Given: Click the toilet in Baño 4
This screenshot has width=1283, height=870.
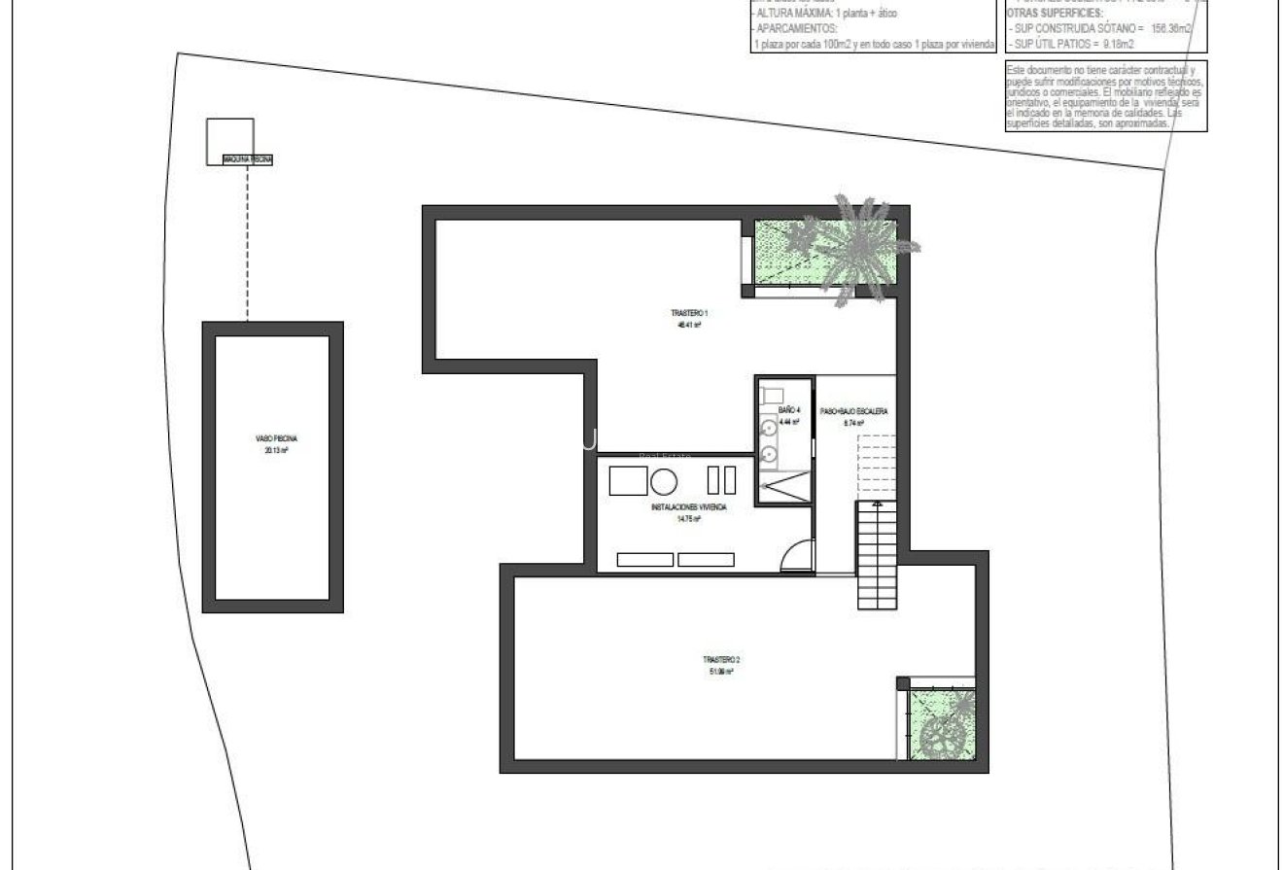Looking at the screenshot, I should tap(773, 395).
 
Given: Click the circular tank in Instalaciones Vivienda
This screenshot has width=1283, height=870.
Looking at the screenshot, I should tap(664, 481).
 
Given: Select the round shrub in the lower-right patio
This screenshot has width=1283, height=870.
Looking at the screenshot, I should tap(940, 735).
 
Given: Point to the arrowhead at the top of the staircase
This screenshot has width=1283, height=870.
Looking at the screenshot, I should tap(878, 505).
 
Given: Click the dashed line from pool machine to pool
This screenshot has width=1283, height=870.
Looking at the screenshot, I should tap(247, 243).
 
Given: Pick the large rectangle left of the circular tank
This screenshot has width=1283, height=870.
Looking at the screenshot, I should tap(627, 480).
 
